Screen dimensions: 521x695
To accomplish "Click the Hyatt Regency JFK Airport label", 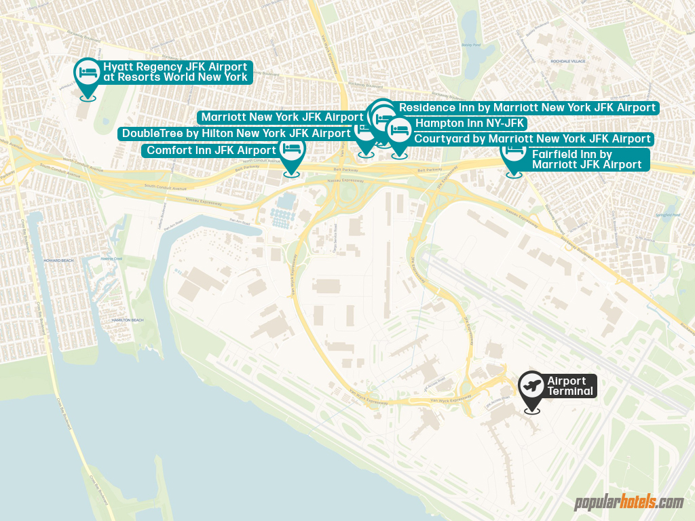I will pos(175,72).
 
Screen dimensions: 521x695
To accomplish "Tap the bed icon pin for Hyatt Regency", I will pos(87,71).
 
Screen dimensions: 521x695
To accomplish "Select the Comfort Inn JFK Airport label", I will pos(212,150).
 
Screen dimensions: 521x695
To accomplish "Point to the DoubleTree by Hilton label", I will pos(236,133).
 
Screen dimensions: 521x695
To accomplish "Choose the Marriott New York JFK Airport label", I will pos(282,117).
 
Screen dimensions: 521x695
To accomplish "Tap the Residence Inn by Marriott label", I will pos(527,107).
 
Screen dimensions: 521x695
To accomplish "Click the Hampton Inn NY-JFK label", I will pos(470,123).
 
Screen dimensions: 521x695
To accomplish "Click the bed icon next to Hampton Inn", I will pos(399,129).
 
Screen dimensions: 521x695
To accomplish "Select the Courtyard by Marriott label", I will pos(532,138).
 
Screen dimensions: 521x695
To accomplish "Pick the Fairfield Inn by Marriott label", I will pos(586,159).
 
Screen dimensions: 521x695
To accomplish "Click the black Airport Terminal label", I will pos(570,386).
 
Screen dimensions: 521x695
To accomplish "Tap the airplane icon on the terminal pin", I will pos(531,385).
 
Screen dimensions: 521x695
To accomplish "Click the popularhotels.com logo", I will pos(628,503).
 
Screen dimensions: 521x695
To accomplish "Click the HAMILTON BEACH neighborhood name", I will pos(126,320).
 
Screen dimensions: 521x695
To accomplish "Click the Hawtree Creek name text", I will pos(111,258).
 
